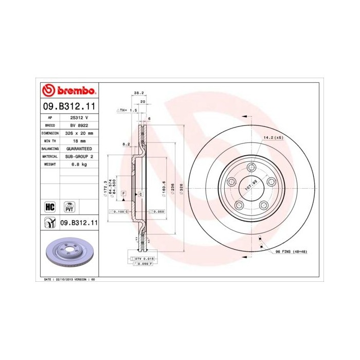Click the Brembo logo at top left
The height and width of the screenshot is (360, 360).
[x=69, y=91]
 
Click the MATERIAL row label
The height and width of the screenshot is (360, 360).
[x=50, y=156]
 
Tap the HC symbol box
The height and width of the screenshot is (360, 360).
[x=50, y=207]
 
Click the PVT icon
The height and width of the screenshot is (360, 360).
[x=69, y=207]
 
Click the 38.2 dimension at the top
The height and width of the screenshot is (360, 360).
[x=138, y=93]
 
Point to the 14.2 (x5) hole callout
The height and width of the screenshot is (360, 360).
[x=273, y=138]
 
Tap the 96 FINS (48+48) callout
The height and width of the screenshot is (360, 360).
[x=291, y=251]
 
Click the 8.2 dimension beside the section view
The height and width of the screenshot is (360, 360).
[x=125, y=145]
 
